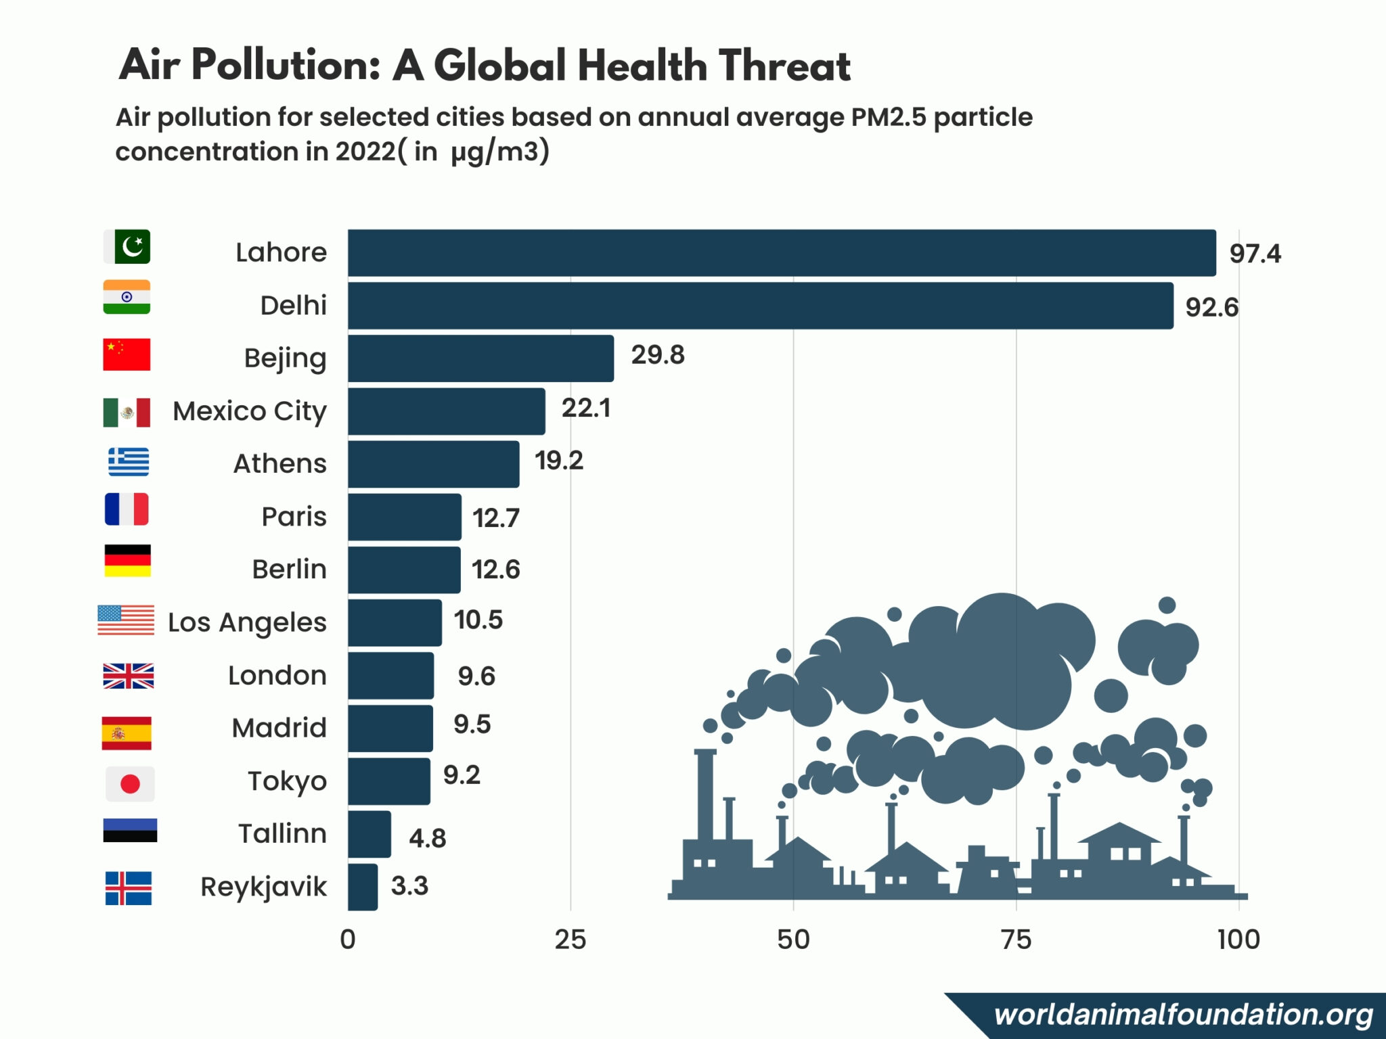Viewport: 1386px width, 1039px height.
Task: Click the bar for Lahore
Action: pos(782,253)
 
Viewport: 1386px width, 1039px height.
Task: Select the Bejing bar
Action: pos(480,359)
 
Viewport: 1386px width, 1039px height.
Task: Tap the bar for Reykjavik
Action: pos(363,887)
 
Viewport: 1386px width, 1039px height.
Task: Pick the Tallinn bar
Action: pos(370,834)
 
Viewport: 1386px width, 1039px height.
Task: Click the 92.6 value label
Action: pos(1211,308)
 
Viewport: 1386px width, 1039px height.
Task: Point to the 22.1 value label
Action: pos(586,408)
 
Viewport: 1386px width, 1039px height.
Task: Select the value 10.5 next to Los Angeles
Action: pos(478,620)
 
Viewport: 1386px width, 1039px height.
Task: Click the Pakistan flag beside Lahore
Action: pos(127,247)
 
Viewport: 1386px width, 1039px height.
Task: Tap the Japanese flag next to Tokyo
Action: pos(130,783)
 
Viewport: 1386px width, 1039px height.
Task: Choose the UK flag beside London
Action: pos(129,676)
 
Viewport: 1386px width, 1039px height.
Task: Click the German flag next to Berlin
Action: pos(128,561)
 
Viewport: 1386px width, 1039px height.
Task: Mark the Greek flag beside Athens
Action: pos(129,462)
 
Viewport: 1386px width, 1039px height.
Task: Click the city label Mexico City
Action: pos(250,411)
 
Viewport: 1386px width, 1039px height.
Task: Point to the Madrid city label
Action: pos(279,729)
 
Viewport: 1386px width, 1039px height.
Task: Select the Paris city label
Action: pos(294,517)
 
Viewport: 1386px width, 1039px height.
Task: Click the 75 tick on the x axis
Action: pos(1016,940)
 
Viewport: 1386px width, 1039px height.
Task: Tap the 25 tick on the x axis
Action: pos(571,940)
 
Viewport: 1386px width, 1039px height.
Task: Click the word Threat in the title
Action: pos(784,66)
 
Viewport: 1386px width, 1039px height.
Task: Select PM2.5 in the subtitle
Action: pos(888,118)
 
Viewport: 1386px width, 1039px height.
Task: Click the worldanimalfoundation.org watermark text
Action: pos(1183,1015)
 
